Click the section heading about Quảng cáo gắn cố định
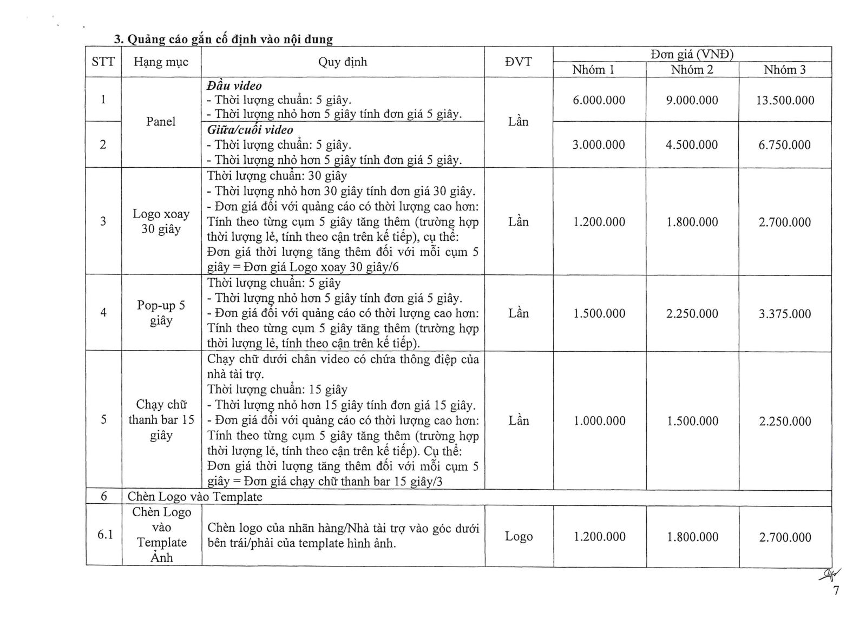[x=223, y=39]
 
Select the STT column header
[x=103, y=62]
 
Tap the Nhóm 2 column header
[x=692, y=70]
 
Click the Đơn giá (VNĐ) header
[x=692, y=54]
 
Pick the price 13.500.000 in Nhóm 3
[x=785, y=100]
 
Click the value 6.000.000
[x=599, y=100]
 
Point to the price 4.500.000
[x=692, y=145]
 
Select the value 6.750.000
[x=785, y=145]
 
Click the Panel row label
[x=161, y=122]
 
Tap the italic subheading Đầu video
[x=234, y=85]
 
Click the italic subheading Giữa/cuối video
[x=250, y=130]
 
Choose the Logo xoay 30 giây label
[x=161, y=221]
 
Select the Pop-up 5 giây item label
[x=161, y=313]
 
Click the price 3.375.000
[x=785, y=314]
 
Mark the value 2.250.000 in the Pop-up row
[x=692, y=314]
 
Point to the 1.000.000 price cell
[x=599, y=421]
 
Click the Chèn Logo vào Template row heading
[x=195, y=497]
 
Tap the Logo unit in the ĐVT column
[x=519, y=536]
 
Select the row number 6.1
[x=105, y=535]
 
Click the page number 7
[x=836, y=590]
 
